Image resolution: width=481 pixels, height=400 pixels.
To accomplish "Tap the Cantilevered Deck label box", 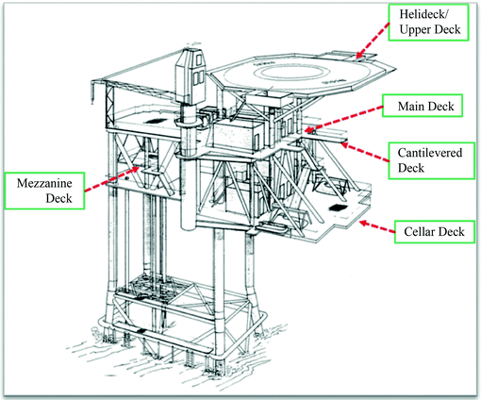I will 430,154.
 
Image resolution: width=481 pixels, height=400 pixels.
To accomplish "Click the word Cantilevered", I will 430,145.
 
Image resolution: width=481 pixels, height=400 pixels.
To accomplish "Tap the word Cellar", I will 420,229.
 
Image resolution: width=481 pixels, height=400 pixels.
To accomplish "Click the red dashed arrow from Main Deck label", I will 353,118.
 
